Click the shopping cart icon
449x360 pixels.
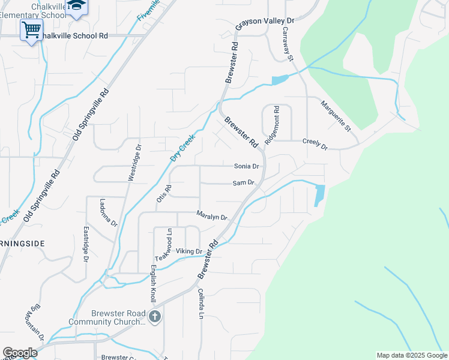coord(31,29)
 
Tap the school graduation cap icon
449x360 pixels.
coord(76,7)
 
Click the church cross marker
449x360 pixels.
coord(155,316)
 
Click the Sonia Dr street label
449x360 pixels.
coord(247,166)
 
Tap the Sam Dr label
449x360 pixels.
coord(243,182)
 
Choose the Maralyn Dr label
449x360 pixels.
coord(212,217)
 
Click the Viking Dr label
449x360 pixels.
coord(189,251)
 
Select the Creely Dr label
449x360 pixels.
coord(315,146)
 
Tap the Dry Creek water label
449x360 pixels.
coord(184,146)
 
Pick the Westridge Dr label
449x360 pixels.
coord(134,162)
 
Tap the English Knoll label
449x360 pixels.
coord(153,283)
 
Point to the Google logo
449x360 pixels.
coord(20,353)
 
